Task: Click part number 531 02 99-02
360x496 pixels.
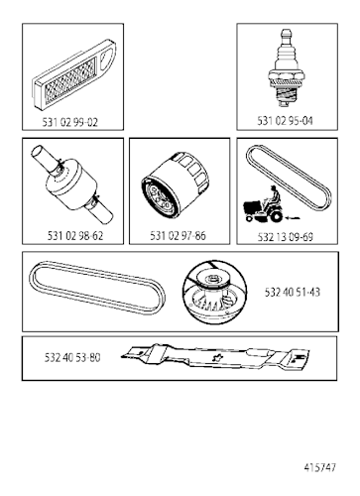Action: pyautogui.click(x=70, y=122)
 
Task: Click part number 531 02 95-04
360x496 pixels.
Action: pyautogui.click(x=285, y=121)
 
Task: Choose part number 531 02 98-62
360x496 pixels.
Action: pyautogui.click(x=75, y=236)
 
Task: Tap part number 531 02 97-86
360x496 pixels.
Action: pyautogui.click(x=178, y=236)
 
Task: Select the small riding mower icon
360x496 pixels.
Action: pyautogui.click(x=264, y=205)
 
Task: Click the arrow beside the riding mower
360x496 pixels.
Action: pyautogui.click(x=294, y=218)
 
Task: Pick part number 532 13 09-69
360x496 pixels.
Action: pyautogui.click(x=285, y=237)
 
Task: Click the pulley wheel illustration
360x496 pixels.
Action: pyautogui.click(x=215, y=292)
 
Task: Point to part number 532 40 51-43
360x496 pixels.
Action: pyautogui.click(x=293, y=292)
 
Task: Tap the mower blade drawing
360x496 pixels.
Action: pyautogui.click(x=215, y=357)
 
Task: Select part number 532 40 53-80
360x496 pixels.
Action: pyautogui.click(x=72, y=358)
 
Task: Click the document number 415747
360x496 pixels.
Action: pyautogui.click(x=319, y=467)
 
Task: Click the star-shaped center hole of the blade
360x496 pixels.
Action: pyautogui.click(x=217, y=357)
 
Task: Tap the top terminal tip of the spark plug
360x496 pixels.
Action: pyautogui.click(x=286, y=33)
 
